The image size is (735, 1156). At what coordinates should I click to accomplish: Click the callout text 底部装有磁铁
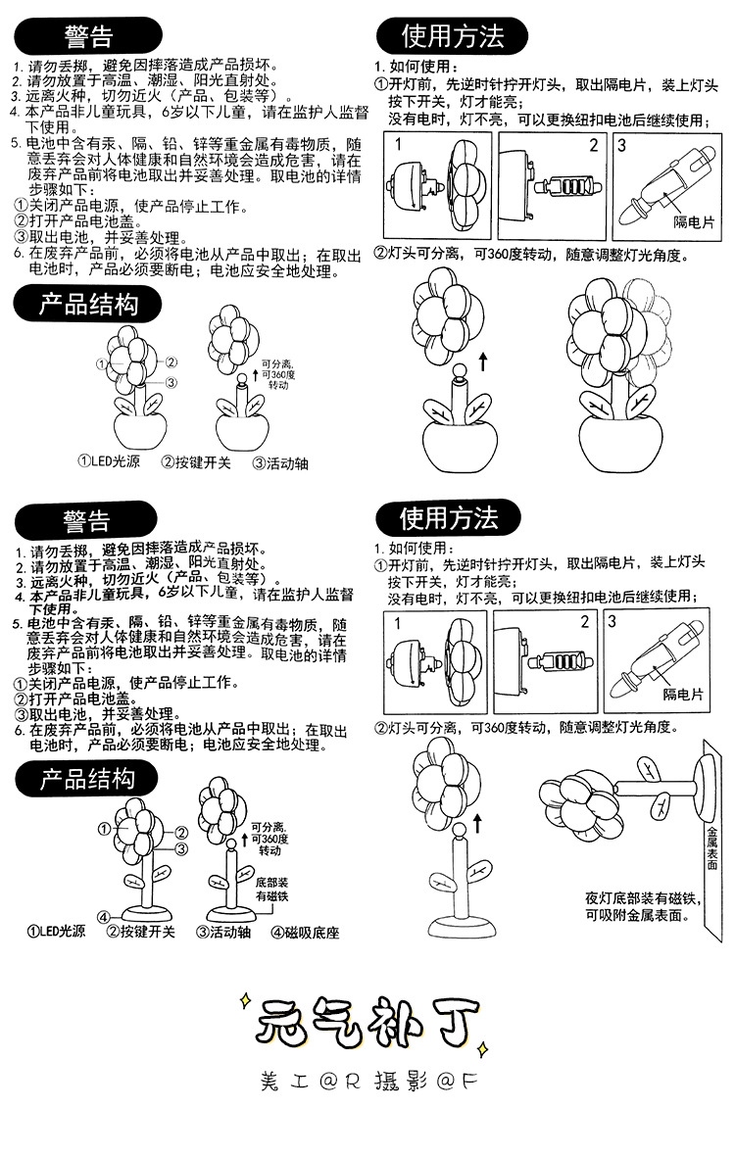(x=271, y=890)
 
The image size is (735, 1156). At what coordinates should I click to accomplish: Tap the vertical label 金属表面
(x=711, y=848)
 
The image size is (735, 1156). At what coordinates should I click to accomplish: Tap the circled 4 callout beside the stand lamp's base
(x=103, y=916)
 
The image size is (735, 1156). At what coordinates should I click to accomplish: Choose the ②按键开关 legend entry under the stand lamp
(x=140, y=932)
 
